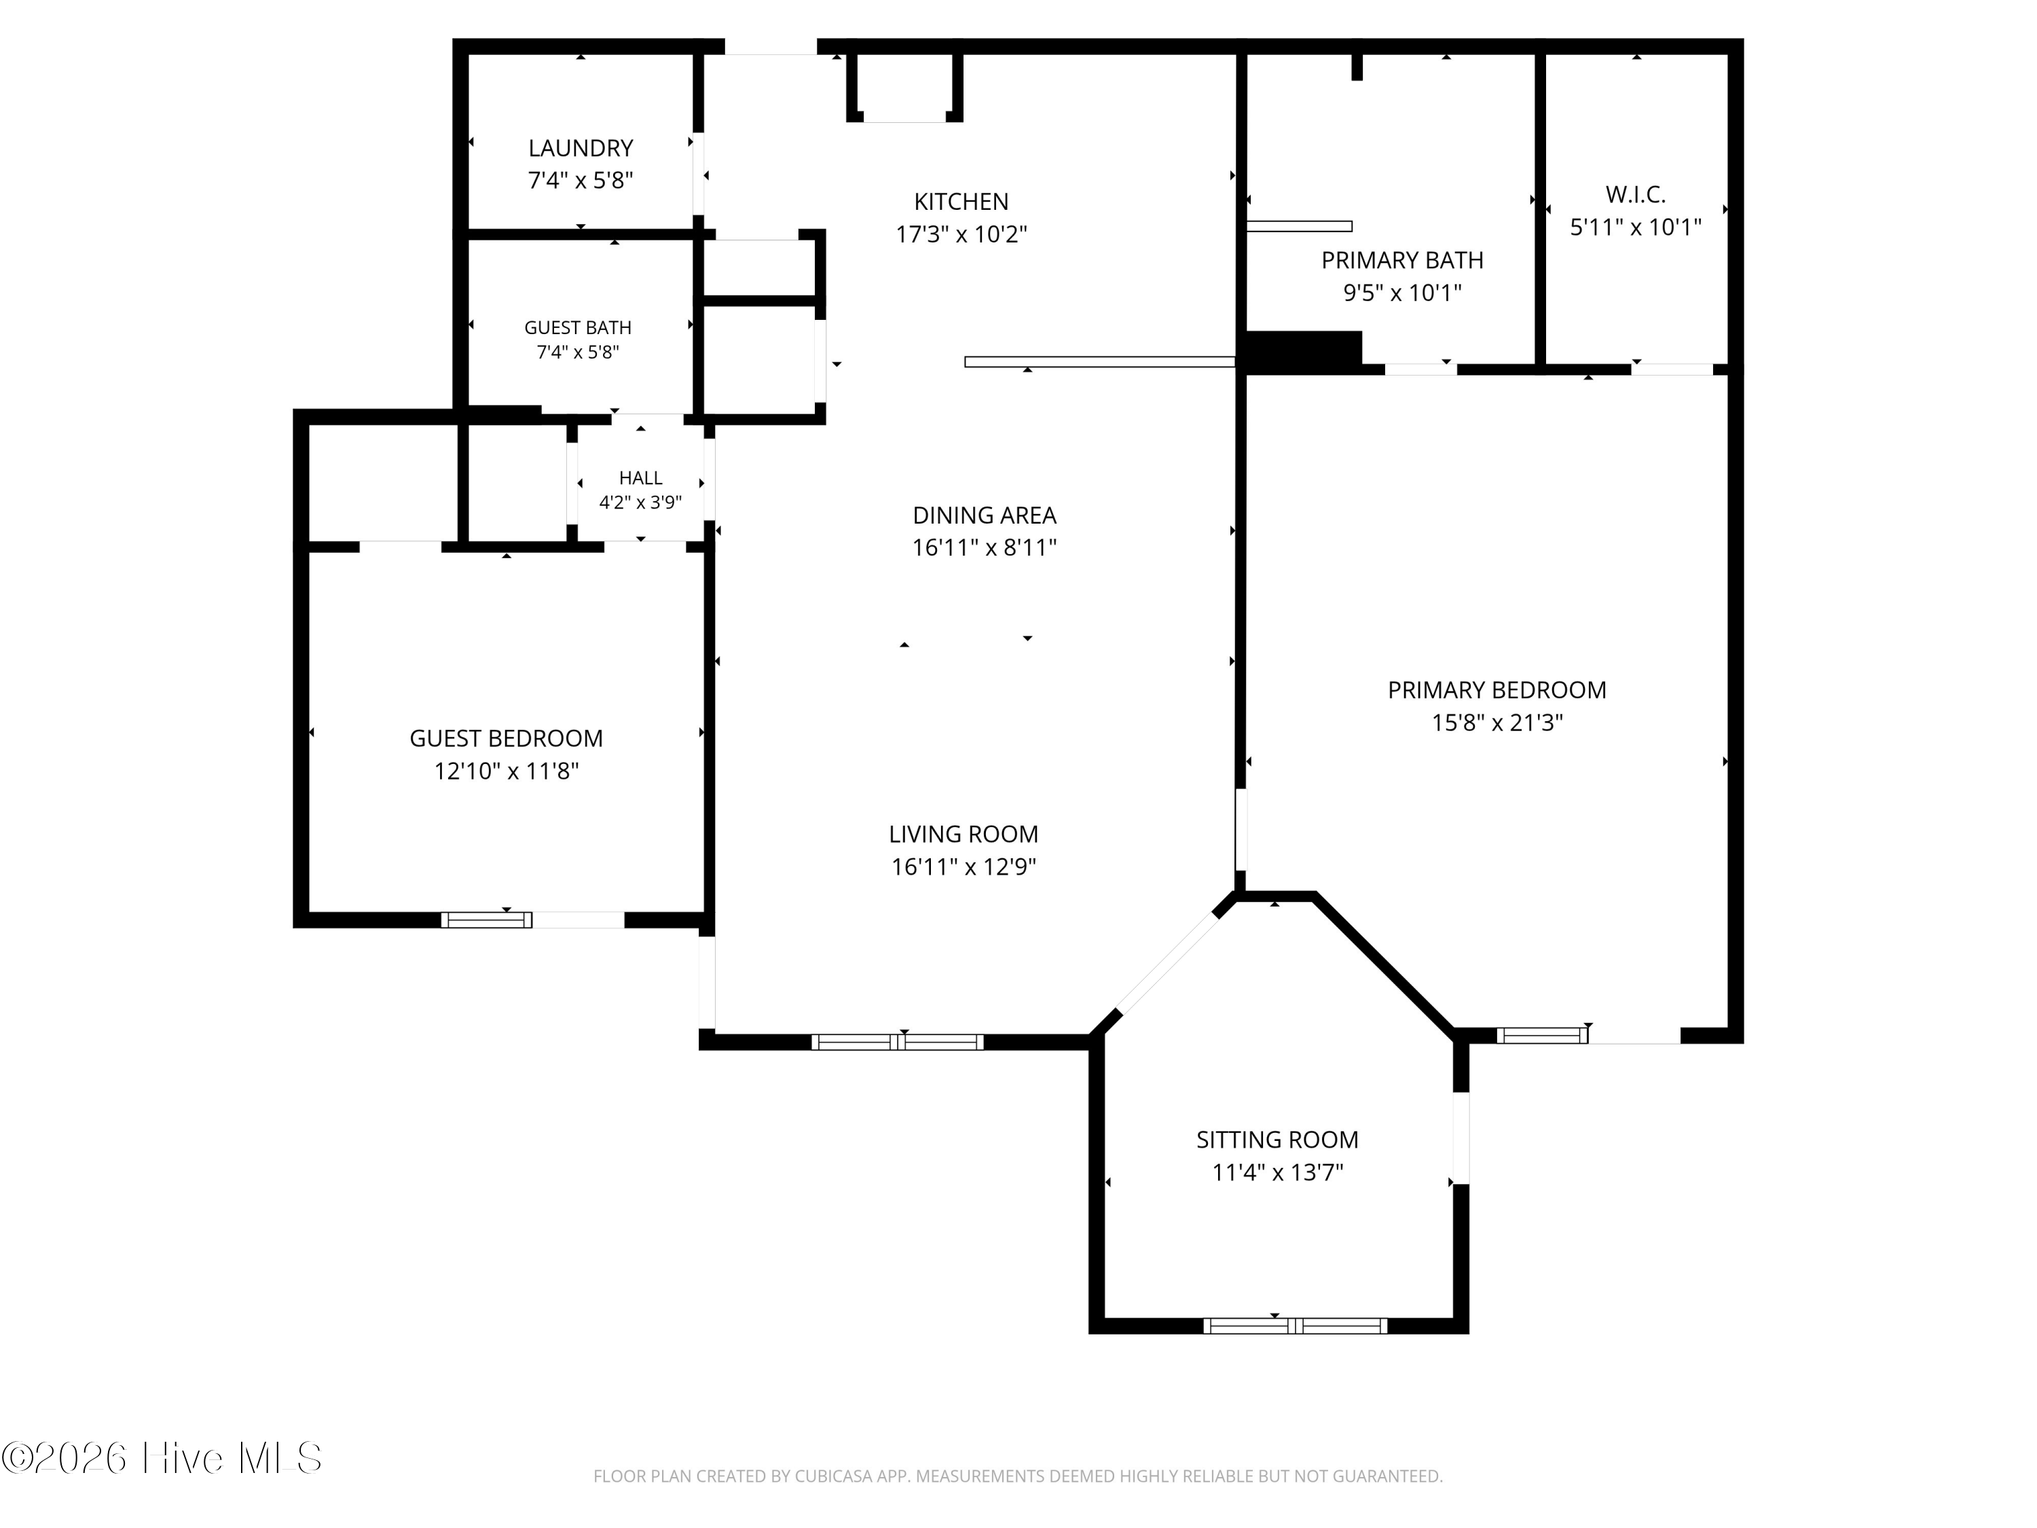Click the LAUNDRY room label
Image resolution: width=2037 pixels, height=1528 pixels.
[x=580, y=148]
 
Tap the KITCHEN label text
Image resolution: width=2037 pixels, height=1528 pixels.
[x=961, y=202]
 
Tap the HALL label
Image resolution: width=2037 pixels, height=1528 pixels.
[x=640, y=478]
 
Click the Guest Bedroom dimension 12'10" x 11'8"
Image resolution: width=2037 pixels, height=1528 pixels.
[x=507, y=771]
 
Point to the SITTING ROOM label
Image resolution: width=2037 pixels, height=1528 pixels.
[x=1277, y=1140]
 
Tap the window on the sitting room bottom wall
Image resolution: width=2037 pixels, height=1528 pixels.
[x=1295, y=1326]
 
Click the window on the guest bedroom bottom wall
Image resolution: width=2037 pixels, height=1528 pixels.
[x=486, y=920]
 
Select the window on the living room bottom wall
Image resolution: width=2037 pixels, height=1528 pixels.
[x=897, y=1042]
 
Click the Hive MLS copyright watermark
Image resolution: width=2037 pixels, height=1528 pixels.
[x=162, y=1458]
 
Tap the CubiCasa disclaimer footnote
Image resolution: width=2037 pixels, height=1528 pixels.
[x=1018, y=1476]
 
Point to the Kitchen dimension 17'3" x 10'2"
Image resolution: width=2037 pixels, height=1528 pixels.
[x=961, y=234]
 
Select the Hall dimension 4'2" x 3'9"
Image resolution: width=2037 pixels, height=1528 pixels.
[x=640, y=502]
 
